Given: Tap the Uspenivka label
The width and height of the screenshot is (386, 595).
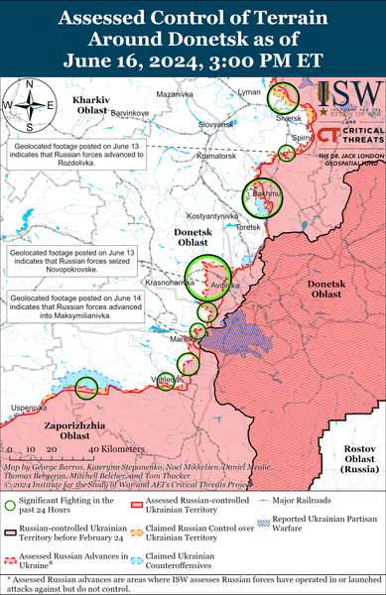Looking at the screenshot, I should tap(28, 408).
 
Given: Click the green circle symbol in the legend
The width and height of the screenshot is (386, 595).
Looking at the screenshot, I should tap(10, 506).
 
